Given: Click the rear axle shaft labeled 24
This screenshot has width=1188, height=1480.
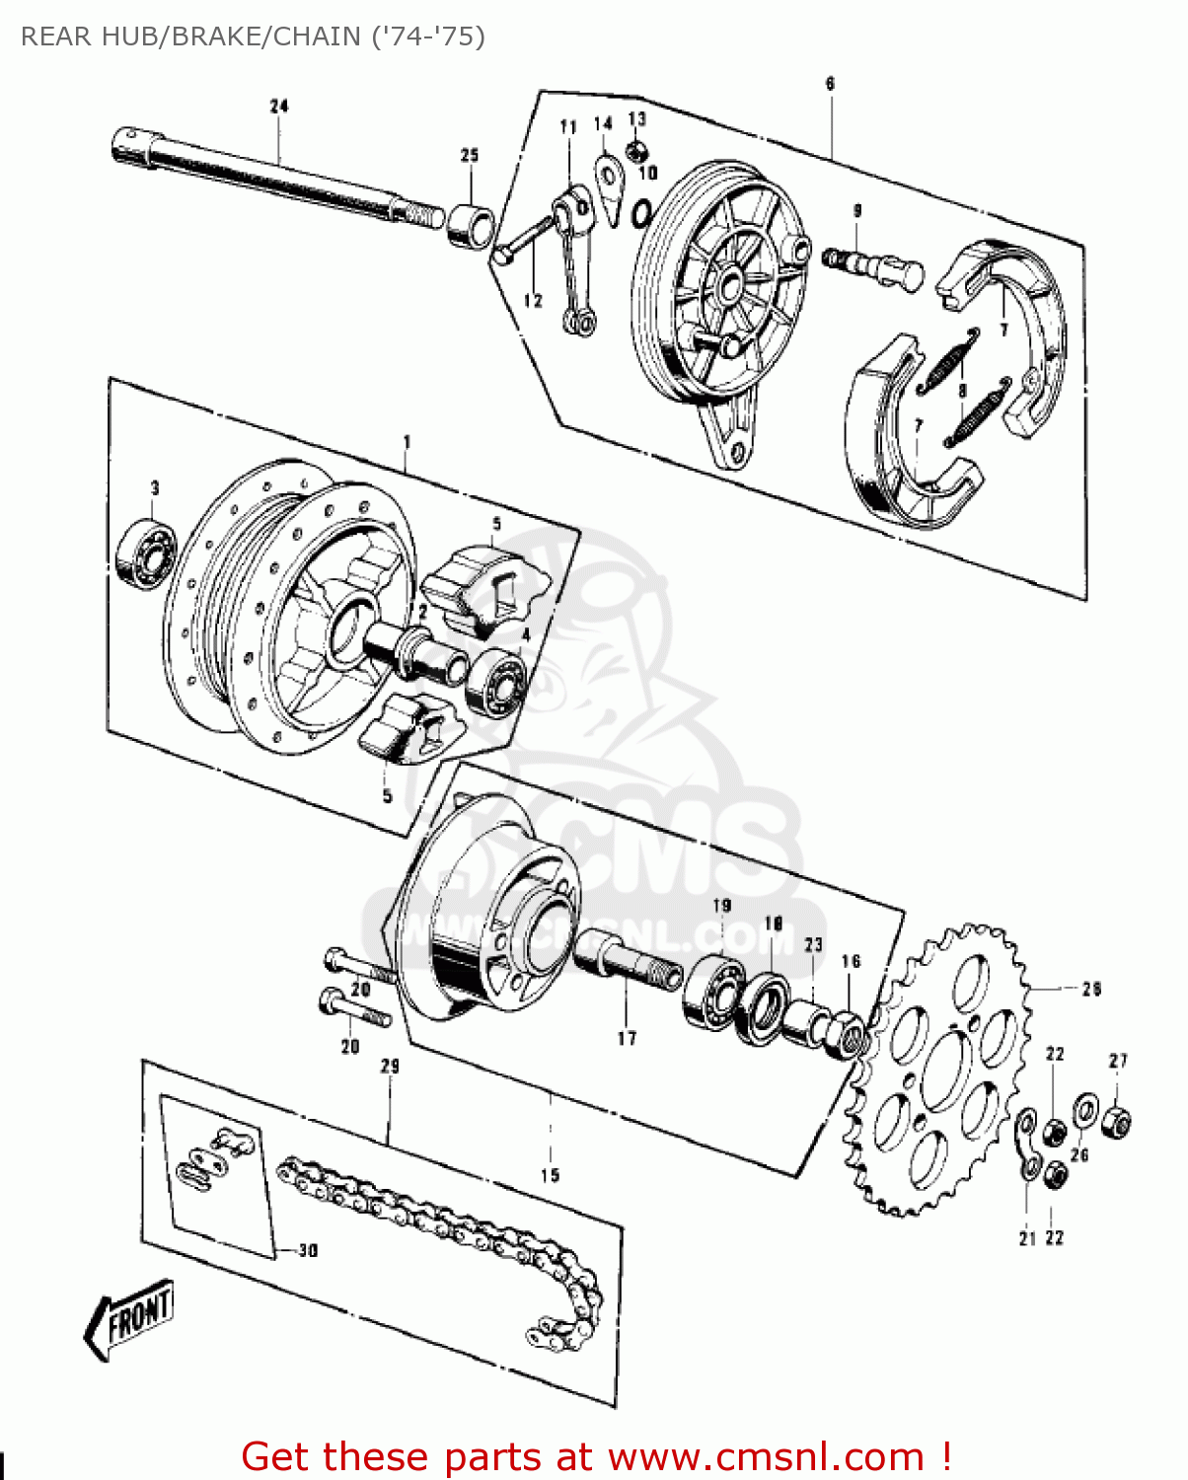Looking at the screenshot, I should point(266,178).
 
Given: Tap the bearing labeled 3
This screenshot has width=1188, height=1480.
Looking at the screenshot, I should point(146,551).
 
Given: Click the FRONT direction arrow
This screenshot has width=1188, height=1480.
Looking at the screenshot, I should point(130,1318).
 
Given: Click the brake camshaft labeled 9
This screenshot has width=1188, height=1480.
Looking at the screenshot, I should point(872,268).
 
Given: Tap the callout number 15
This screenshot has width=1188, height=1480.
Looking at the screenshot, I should point(550,1175).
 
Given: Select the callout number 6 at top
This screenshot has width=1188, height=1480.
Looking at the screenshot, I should point(830,84).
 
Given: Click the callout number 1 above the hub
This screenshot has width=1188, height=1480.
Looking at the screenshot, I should point(407,443).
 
